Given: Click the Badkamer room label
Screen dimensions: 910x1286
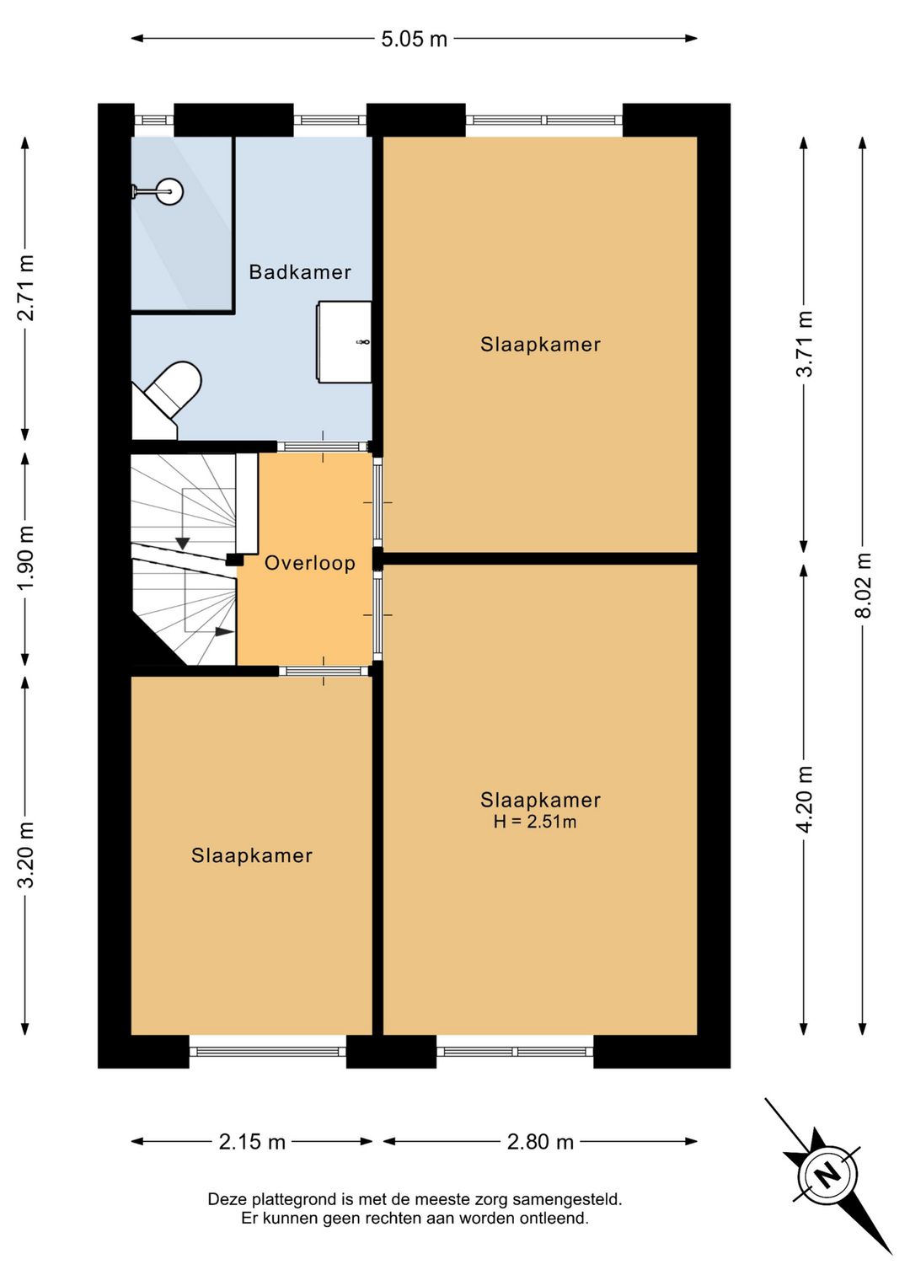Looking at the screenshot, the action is click(300, 271).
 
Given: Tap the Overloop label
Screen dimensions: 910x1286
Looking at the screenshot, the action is click(310, 563).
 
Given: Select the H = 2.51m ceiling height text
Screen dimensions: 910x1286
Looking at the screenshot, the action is click(534, 823).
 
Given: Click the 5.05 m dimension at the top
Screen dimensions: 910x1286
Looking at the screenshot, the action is click(414, 39).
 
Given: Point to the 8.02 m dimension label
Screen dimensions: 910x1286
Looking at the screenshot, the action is click(863, 585).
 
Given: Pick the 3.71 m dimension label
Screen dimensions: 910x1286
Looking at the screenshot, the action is click(806, 343).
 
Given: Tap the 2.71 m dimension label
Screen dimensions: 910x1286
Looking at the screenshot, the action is click(26, 287).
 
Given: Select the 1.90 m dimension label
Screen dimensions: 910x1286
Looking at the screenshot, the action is click(26, 557).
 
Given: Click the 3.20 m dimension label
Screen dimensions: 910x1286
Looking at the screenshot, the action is click(26, 855).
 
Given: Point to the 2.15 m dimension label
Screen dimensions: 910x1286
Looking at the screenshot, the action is click(252, 1142).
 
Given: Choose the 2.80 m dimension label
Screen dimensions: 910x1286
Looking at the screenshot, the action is click(540, 1142).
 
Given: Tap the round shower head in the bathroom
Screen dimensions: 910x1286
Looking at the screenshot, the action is click(170, 191).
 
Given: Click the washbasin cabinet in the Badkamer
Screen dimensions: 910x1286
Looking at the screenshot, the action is click(343, 341).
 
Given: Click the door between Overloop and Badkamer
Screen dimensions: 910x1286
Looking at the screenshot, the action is click(323, 446).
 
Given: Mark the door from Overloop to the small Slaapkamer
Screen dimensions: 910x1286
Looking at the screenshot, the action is click(324, 671).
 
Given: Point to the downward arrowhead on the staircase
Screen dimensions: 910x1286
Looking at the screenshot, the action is click(183, 543).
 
